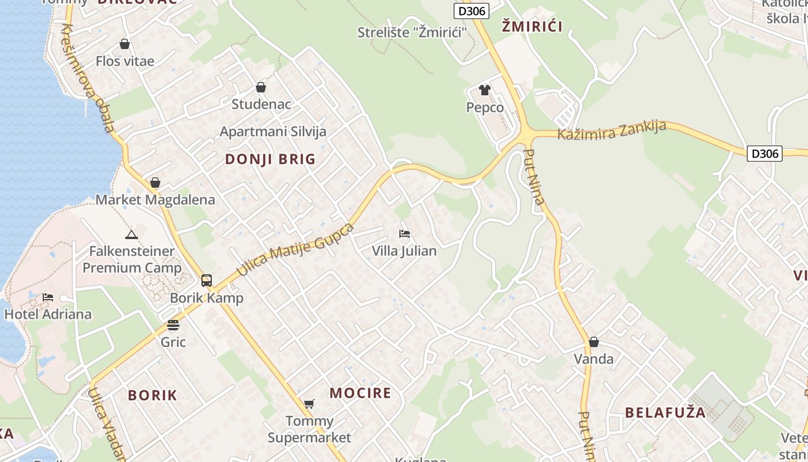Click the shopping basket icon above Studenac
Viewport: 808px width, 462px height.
tap(261, 87)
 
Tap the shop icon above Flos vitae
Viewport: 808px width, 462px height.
tap(125, 44)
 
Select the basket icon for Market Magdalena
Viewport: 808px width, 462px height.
tap(155, 182)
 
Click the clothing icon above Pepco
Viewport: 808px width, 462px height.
tap(485, 90)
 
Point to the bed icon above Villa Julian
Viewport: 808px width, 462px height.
tap(405, 234)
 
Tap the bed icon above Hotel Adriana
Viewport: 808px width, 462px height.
tap(48, 297)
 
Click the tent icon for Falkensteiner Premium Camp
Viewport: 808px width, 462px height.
tap(132, 234)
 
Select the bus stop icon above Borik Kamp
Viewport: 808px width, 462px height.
tap(207, 281)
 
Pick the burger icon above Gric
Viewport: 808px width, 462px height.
tap(173, 325)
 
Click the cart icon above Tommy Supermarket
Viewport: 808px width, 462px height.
tap(309, 404)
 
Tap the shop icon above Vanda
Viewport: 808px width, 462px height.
tap(594, 342)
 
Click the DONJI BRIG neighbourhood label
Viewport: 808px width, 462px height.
tap(270, 159)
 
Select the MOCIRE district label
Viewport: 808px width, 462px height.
tap(360, 393)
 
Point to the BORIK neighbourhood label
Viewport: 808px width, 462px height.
tap(152, 396)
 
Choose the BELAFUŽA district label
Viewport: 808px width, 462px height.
tap(665, 412)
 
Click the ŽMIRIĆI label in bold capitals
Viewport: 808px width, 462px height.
tap(532, 26)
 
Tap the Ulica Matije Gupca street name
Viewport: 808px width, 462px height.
tap(295, 248)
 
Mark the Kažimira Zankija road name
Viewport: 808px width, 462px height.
tap(612, 131)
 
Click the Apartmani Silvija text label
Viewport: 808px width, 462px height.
tap(273, 131)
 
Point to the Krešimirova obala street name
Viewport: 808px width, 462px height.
tap(87, 78)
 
